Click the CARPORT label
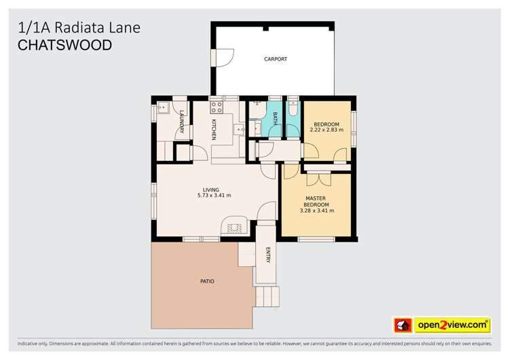(x=275, y=59)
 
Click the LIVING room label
(x=211, y=189)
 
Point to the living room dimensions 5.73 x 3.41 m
(x=214, y=196)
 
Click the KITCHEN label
(x=214, y=129)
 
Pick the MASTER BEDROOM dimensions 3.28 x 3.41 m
(x=317, y=211)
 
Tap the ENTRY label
(x=268, y=255)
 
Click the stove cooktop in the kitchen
(x=216, y=107)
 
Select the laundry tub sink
(x=163, y=107)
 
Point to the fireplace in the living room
(x=235, y=228)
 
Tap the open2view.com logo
(x=453, y=325)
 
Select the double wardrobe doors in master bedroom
(x=317, y=179)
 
